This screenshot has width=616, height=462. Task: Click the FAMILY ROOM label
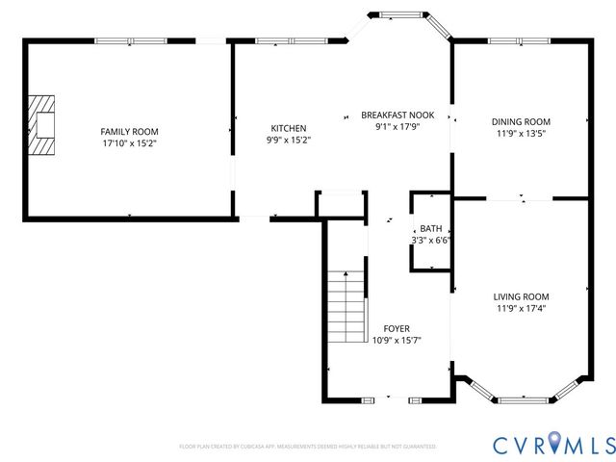coord(129,132)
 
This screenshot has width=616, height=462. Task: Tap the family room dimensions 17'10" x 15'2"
coord(129,143)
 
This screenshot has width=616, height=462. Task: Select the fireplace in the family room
coord(41,125)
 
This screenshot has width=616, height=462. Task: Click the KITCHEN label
coord(288,128)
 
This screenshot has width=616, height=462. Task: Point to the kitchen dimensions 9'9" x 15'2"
coord(288,140)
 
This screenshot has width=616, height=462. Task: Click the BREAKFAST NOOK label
coord(398,115)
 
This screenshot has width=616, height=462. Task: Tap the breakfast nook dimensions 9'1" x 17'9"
coord(398,126)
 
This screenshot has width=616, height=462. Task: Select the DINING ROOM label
coord(521,121)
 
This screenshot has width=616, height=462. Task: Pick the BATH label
coord(430,228)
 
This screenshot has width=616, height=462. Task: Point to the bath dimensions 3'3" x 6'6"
coord(430,240)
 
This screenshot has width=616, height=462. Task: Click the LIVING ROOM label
coord(521,296)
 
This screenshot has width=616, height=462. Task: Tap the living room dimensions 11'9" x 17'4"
coord(521,309)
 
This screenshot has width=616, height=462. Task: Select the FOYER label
coord(396,328)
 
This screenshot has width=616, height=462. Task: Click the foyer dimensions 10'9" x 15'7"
coord(396,340)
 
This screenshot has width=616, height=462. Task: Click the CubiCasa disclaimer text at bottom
coord(307,447)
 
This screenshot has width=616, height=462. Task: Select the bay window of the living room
coord(525,394)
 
